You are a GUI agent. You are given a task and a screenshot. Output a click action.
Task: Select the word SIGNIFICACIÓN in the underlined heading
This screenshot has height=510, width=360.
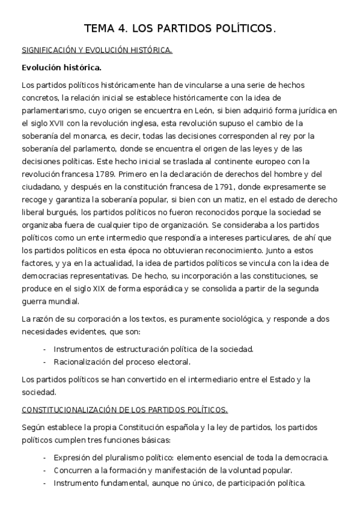(x=50, y=51)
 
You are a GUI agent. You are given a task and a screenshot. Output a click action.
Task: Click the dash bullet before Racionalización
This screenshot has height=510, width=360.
(x=44, y=362)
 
